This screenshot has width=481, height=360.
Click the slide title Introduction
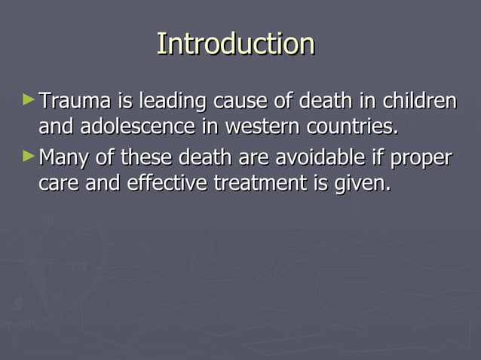pyautogui.click(x=235, y=44)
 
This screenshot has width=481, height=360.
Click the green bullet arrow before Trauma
pyautogui.click(x=29, y=99)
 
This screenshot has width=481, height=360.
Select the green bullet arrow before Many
pyautogui.click(x=29, y=157)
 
